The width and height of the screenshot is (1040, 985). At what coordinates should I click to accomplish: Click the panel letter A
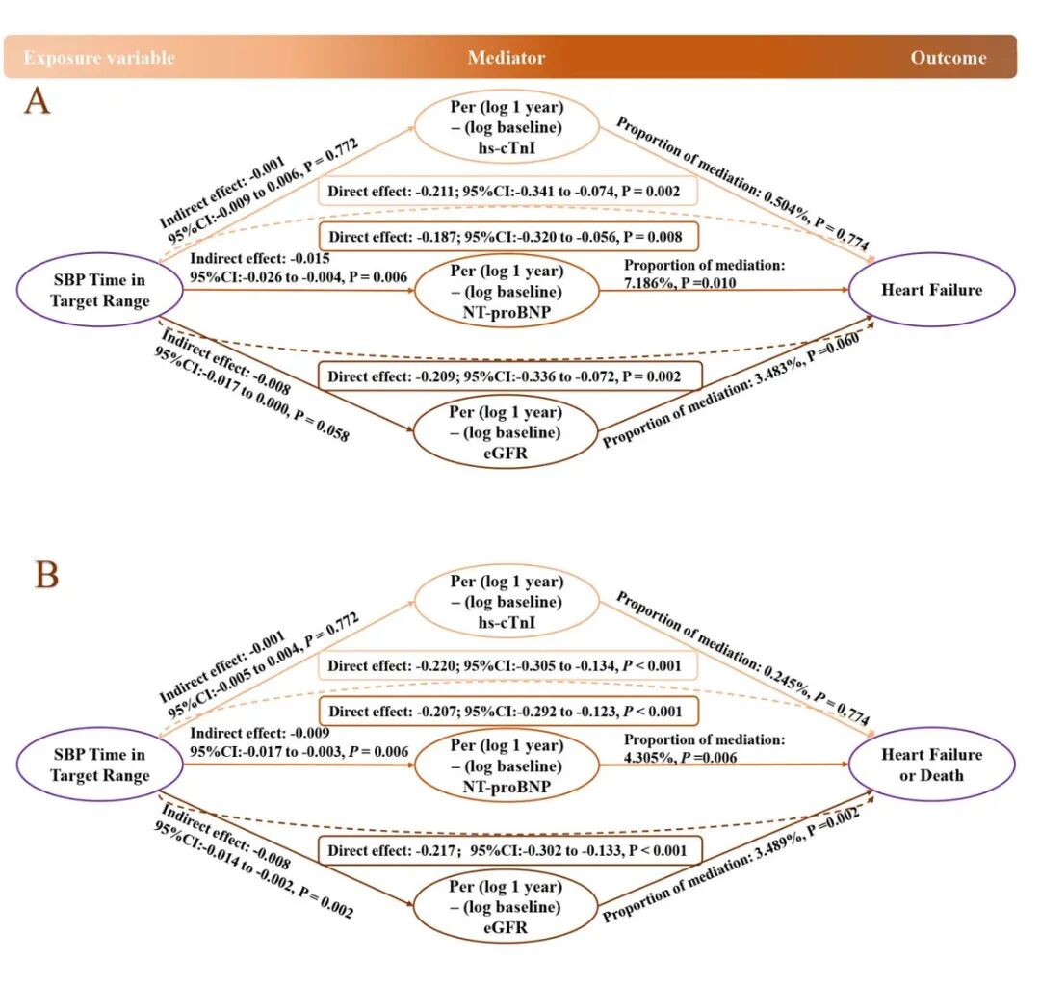coord(37,101)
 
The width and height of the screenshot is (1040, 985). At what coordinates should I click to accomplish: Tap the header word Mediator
coord(507,58)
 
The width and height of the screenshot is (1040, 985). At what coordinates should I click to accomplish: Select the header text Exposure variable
coord(99,58)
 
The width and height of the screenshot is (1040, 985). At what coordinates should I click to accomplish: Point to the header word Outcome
coord(949,58)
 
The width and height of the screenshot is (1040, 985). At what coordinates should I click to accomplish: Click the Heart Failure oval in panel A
coord(933,290)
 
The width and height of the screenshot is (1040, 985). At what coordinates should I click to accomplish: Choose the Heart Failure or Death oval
coord(933,765)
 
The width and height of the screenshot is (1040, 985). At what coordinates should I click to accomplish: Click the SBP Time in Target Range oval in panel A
coord(100,290)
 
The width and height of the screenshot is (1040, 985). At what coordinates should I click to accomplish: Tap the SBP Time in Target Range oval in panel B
coord(99,765)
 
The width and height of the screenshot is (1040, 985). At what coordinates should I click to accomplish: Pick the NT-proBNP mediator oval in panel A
coord(507,290)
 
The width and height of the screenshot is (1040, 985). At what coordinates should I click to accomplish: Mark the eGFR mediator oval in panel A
coord(507,433)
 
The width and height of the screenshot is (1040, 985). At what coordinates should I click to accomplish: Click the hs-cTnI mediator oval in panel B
coord(507,602)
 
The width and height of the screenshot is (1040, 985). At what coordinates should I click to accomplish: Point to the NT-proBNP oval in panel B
coord(507,766)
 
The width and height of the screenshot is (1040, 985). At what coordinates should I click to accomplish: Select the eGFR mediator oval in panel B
coord(507,907)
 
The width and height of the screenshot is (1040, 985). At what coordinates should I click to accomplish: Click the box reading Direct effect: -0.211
coord(507,192)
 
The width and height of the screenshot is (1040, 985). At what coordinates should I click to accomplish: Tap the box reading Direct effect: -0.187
coord(507,237)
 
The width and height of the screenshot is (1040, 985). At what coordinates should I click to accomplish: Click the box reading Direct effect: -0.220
coord(507,665)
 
